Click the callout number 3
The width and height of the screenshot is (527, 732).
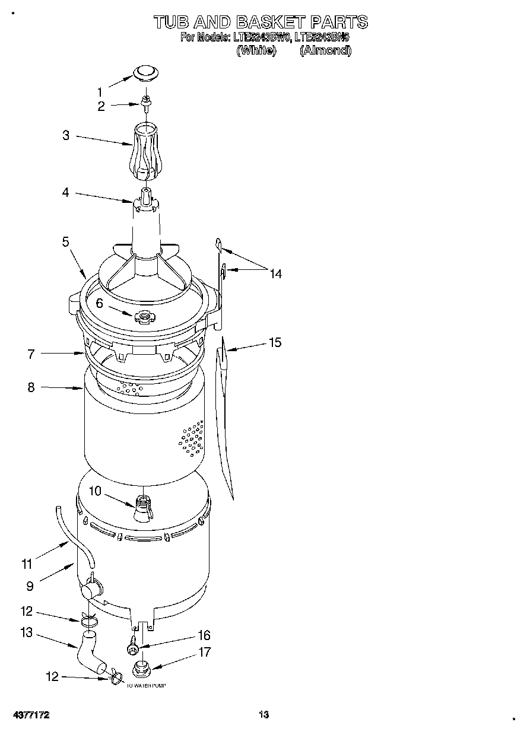click(66, 135)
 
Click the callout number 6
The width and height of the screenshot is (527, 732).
click(100, 303)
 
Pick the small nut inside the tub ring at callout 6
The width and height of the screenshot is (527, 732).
click(144, 317)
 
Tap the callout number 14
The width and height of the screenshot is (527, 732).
click(275, 273)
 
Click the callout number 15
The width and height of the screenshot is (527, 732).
click(275, 342)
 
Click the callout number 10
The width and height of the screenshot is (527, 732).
click(95, 491)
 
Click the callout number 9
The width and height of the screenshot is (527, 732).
click(30, 587)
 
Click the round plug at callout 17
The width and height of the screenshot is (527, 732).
click(142, 669)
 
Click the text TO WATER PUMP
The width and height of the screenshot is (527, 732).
click(145, 686)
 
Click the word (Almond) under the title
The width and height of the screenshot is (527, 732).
click(325, 50)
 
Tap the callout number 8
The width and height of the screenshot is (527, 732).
click(31, 387)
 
